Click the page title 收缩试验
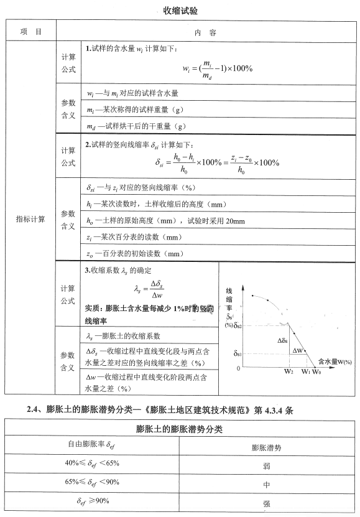point(180,10)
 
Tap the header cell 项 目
point(30,31)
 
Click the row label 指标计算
point(30,218)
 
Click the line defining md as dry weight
point(136,125)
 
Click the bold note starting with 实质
point(149,314)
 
